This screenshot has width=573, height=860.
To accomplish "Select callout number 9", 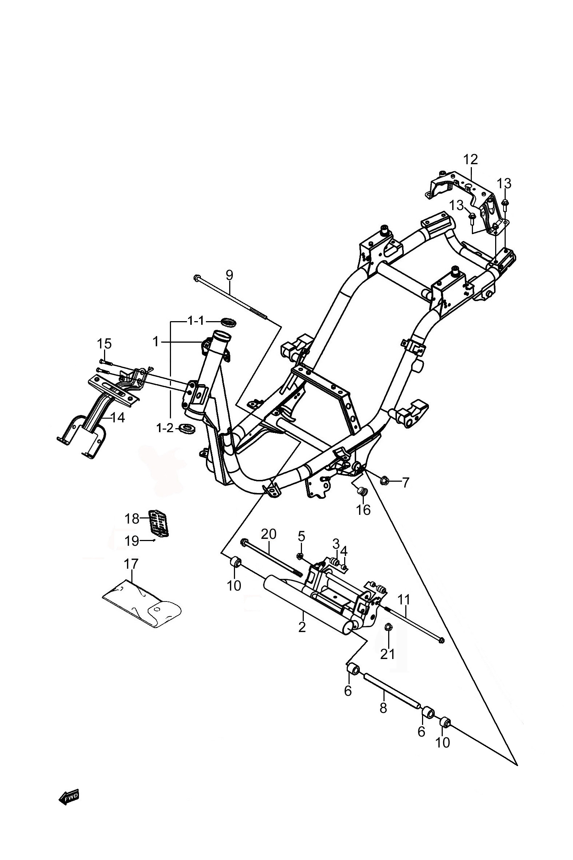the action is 229,275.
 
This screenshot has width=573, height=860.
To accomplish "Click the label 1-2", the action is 165,428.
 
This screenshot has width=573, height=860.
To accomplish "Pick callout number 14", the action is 118,417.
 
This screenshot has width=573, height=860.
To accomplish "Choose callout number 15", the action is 104,344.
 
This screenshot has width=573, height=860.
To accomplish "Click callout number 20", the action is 268,534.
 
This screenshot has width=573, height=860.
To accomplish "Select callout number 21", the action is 387,654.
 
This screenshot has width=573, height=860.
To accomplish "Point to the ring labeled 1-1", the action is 228,323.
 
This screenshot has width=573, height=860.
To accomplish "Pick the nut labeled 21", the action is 389,627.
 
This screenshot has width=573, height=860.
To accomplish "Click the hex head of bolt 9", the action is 196,279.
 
